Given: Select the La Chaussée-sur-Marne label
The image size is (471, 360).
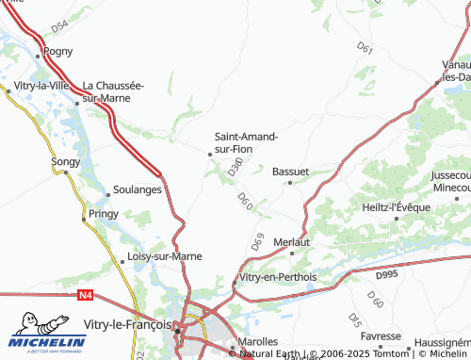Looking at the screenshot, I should (113, 91).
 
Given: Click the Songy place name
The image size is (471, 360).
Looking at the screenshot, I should (66, 163).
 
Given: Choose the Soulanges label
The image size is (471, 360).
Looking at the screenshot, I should (138, 189).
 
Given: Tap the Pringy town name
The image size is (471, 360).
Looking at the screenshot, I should (103, 214).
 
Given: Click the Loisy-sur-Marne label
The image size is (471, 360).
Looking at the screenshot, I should (165, 256).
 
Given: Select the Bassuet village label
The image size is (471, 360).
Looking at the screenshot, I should (290, 172).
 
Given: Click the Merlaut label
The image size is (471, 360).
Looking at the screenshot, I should (291, 242).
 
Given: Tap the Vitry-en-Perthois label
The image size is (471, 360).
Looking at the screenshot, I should (279, 277).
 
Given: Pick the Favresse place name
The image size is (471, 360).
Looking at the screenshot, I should (381, 336).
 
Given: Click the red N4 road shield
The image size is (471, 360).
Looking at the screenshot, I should (84, 295).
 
